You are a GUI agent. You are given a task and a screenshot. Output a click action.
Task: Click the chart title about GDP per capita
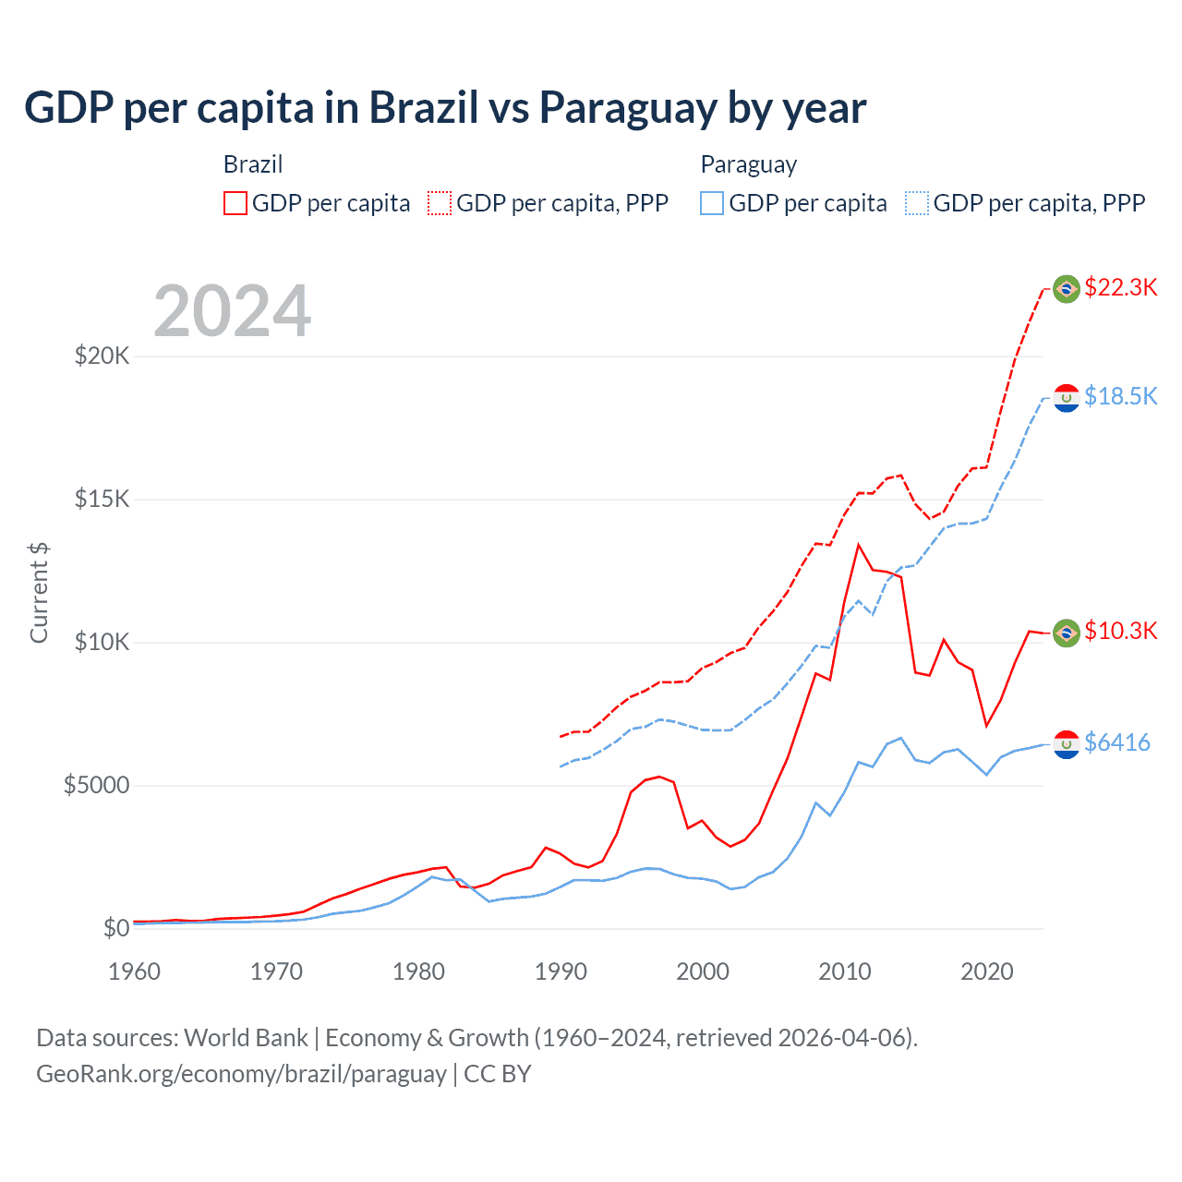click(445, 108)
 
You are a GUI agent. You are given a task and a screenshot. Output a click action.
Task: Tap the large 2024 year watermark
click(232, 311)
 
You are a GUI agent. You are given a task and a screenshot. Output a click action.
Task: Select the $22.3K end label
click(1120, 287)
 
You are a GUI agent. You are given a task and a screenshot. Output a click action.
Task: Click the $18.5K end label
click(1120, 396)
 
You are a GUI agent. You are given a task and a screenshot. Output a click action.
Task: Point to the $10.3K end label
click(1120, 631)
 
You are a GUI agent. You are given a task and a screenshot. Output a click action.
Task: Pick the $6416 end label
click(1116, 742)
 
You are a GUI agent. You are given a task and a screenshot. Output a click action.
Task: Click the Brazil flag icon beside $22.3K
click(1067, 289)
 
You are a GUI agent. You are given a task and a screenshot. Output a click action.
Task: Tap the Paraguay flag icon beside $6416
click(1067, 744)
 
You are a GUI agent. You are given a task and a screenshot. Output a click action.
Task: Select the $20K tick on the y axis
click(102, 356)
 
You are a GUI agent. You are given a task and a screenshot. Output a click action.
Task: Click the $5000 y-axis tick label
click(96, 785)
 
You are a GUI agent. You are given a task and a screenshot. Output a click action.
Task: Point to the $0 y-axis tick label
click(115, 928)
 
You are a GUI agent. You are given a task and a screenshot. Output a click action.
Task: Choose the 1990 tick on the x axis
click(561, 971)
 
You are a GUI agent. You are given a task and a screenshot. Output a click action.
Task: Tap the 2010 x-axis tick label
click(845, 971)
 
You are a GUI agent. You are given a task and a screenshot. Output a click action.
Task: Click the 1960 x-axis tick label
click(135, 971)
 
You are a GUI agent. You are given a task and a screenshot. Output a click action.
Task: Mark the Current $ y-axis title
click(39, 593)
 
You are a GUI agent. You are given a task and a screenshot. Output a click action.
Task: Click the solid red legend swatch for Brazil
click(235, 203)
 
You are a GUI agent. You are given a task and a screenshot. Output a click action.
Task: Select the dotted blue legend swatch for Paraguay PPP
click(917, 203)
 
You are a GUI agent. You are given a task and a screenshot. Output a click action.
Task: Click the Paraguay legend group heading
click(748, 164)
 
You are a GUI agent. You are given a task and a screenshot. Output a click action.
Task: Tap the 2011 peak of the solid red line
click(859, 545)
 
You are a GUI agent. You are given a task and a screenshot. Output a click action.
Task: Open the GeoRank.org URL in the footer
click(241, 1074)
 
